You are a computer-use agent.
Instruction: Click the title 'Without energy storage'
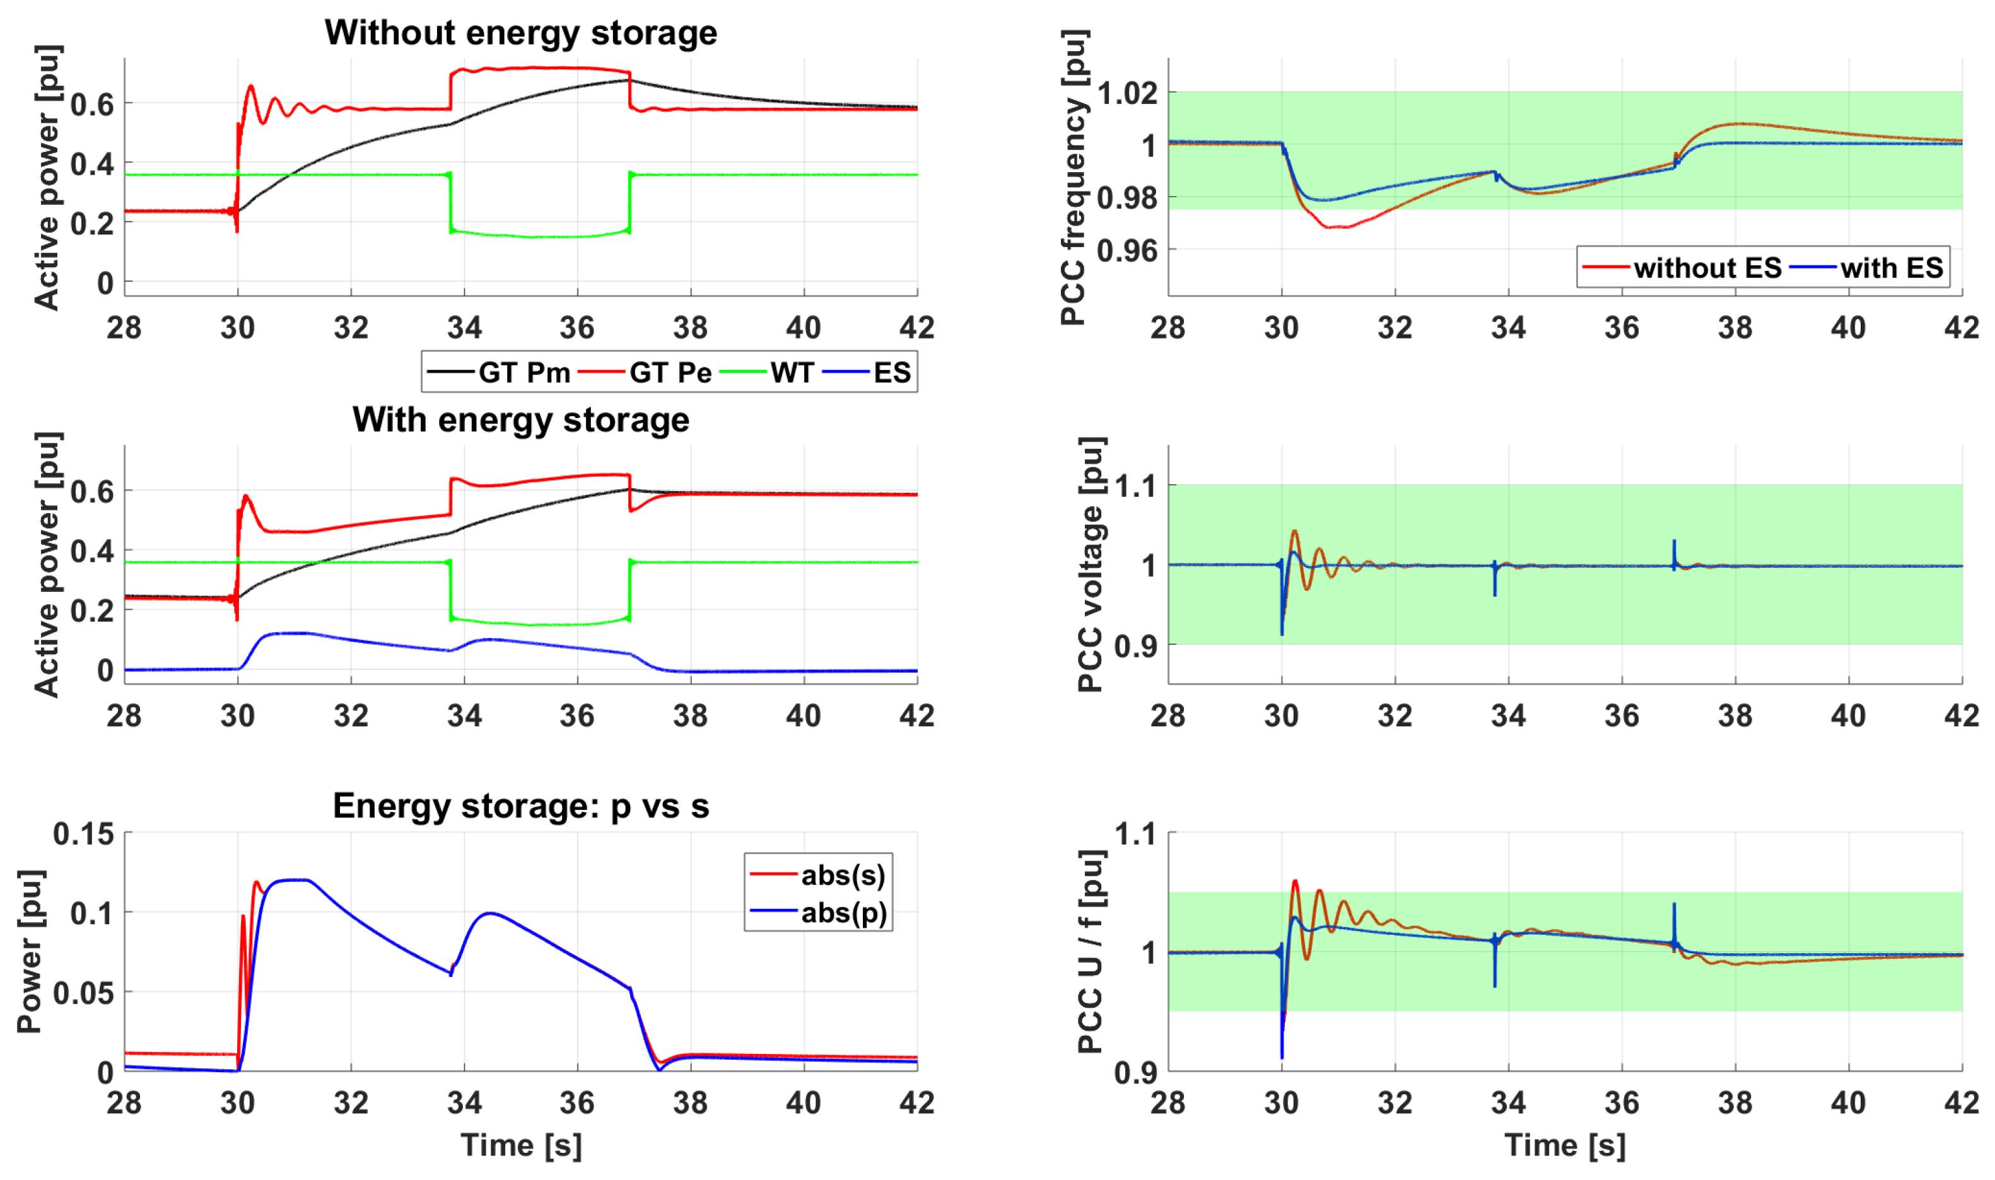tap(520, 33)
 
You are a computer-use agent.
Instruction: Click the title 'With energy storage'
tap(520, 420)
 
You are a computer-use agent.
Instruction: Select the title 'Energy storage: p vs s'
tap(520, 806)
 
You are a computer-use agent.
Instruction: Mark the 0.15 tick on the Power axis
tap(83, 833)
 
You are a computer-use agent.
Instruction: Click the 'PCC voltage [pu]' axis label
tap(1091, 565)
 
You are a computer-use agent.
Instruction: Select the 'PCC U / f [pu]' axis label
tap(1091, 952)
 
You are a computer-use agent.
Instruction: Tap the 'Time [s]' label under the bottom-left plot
tap(520, 1145)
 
